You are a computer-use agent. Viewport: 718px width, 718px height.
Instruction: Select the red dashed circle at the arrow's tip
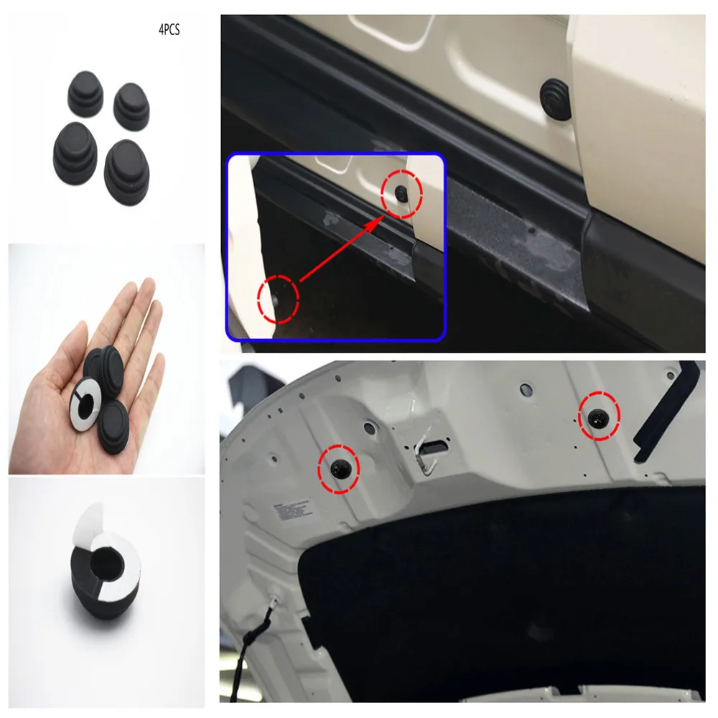(x=400, y=192)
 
